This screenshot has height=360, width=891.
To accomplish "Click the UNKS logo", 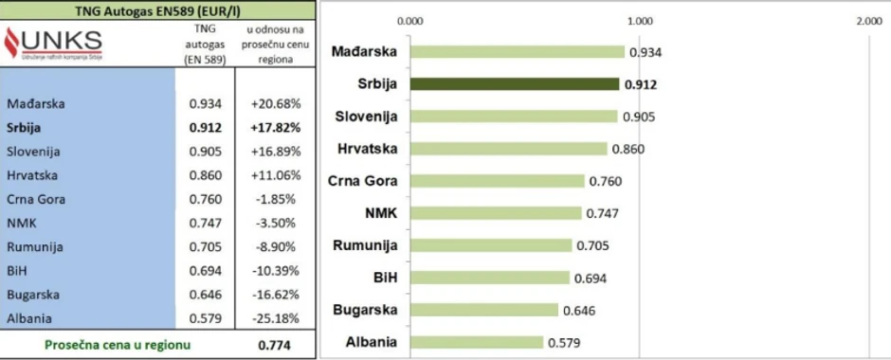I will [x=54, y=43].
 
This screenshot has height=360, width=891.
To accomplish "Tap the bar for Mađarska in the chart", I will [x=518, y=52].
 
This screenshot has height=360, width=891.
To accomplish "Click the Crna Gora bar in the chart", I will [x=498, y=181].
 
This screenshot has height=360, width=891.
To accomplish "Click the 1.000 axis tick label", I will [x=640, y=20].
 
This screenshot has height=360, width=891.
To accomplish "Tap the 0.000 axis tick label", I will [x=411, y=20].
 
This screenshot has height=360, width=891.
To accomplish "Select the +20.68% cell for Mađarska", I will [x=275, y=102].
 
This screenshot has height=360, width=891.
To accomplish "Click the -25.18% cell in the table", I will [x=275, y=318].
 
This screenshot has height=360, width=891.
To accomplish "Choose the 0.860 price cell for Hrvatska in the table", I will [x=206, y=175].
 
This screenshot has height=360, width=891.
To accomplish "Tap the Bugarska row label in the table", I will [x=34, y=295].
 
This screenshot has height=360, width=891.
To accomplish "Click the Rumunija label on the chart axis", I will [x=365, y=246].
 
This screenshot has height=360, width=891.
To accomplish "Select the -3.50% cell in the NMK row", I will [x=275, y=223].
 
